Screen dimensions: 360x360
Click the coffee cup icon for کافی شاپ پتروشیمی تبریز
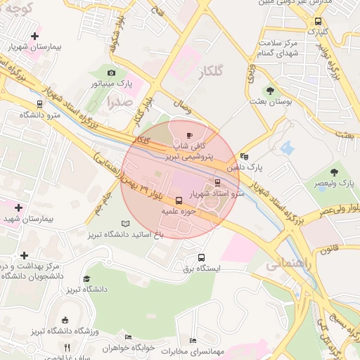point(188,136)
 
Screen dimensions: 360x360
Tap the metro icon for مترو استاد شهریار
point(217,183)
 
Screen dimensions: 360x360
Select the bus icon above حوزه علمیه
point(178,200)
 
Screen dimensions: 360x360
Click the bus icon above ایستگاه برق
point(202,257)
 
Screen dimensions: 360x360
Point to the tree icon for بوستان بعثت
point(271,90)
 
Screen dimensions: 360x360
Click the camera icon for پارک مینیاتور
point(111,72)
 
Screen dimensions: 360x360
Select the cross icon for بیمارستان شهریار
point(35,35)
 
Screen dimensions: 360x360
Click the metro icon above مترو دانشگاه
point(39,103)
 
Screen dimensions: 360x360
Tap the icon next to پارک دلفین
point(244,156)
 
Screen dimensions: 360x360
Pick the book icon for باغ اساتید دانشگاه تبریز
point(125,224)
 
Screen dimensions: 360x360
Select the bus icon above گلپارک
point(319,21)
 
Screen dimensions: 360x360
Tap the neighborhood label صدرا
point(119,101)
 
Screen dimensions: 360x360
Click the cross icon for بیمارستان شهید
point(18,208)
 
